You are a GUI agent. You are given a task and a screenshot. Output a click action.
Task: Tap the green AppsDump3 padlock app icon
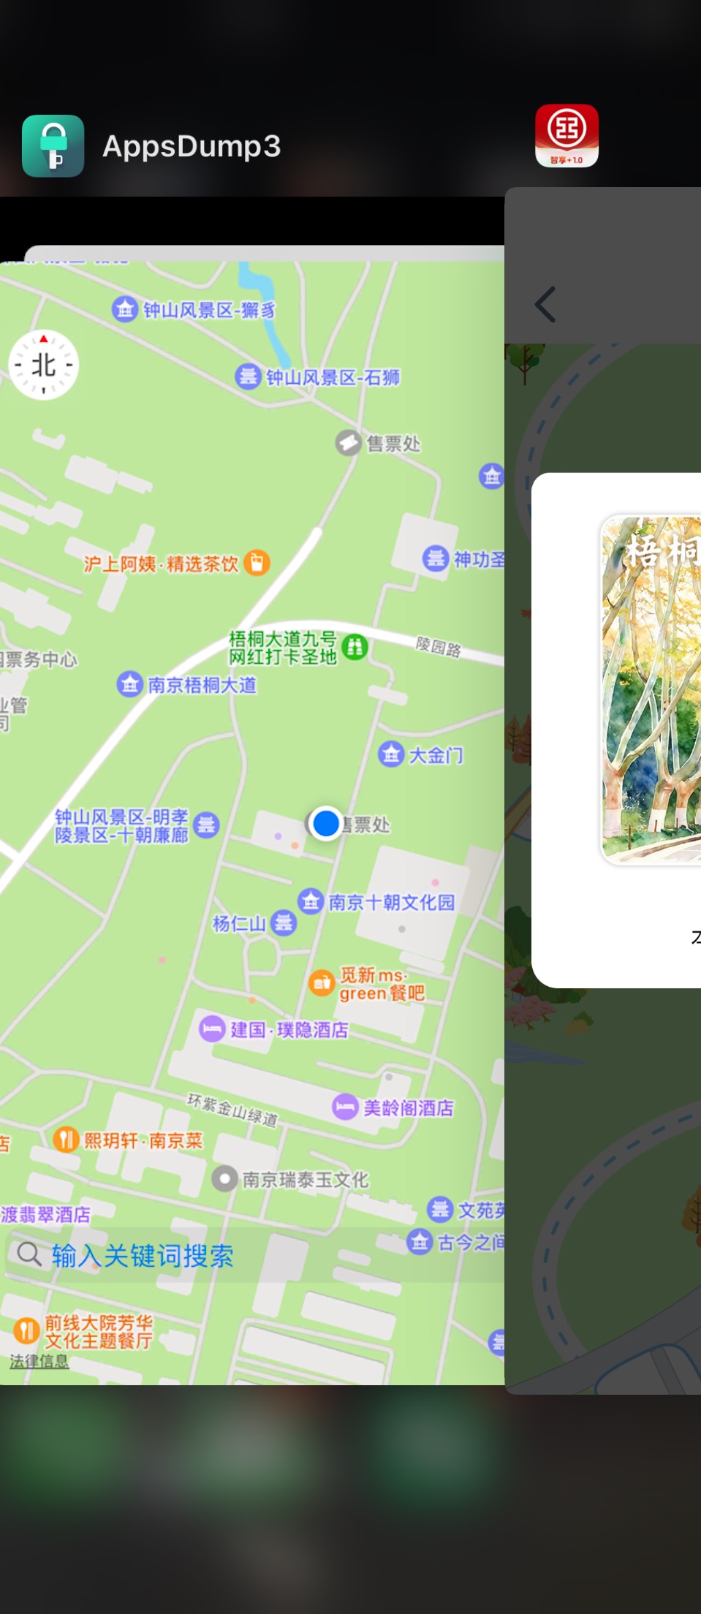(x=53, y=145)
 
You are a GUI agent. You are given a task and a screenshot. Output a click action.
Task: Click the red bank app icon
(x=567, y=135)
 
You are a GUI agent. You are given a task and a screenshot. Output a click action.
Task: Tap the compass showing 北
(x=43, y=364)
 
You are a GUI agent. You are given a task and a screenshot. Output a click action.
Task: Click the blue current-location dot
(x=325, y=823)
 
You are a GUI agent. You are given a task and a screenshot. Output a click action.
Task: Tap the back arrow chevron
(x=545, y=304)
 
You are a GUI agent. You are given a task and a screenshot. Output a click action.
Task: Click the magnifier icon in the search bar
(x=29, y=1254)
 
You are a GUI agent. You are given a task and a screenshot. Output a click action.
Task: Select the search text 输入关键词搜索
(x=143, y=1256)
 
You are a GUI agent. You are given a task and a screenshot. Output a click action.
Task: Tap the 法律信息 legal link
(x=39, y=1361)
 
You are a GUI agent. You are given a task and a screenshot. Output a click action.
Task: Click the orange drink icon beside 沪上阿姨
(x=257, y=562)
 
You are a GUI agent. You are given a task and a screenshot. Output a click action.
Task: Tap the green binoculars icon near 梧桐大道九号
(x=355, y=646)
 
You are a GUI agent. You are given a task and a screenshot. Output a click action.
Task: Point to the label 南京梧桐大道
(x=202, y=685)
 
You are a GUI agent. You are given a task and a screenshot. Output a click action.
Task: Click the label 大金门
(x=435, y=755)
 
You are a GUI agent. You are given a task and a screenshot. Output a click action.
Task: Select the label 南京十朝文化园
(x=391, y=902)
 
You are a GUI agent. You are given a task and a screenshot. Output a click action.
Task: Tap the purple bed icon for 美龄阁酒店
(x=344, y=1107)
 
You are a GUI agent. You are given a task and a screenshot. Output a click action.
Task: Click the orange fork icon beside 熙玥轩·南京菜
(x=66, y=1139)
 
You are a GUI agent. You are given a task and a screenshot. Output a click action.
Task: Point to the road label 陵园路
(x=438, y=647)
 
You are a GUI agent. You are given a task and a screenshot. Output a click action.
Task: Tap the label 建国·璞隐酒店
(x=289, y=1030)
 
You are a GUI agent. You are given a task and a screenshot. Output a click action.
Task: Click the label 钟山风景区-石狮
(x=333, y=377)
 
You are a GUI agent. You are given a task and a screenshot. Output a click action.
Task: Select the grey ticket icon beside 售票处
(x=348, y=442)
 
